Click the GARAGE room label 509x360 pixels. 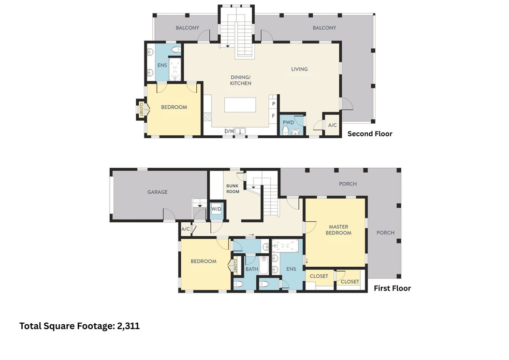(158, 192)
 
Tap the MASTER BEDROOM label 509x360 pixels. (338, 230)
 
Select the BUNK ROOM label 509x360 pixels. (233, 188)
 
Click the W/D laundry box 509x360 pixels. (217, 209)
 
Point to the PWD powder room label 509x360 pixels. (288, 122)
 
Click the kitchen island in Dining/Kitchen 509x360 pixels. (240, 105)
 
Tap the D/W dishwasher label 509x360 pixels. (229, 131)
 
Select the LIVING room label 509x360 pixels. (299, 69)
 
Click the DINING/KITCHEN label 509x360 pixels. (241, 80)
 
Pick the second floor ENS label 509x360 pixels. (162, 65)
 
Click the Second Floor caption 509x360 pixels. (370, 134)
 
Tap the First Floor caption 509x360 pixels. (392, 288)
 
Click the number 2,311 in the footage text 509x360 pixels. (129, 326)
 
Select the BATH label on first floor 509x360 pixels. (251, 269)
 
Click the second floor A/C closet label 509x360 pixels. (333, 125)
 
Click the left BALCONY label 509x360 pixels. (188, 28)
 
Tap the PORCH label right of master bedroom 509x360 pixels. (385, 233)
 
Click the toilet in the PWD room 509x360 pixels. (286, 130)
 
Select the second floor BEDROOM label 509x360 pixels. (174, 107)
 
